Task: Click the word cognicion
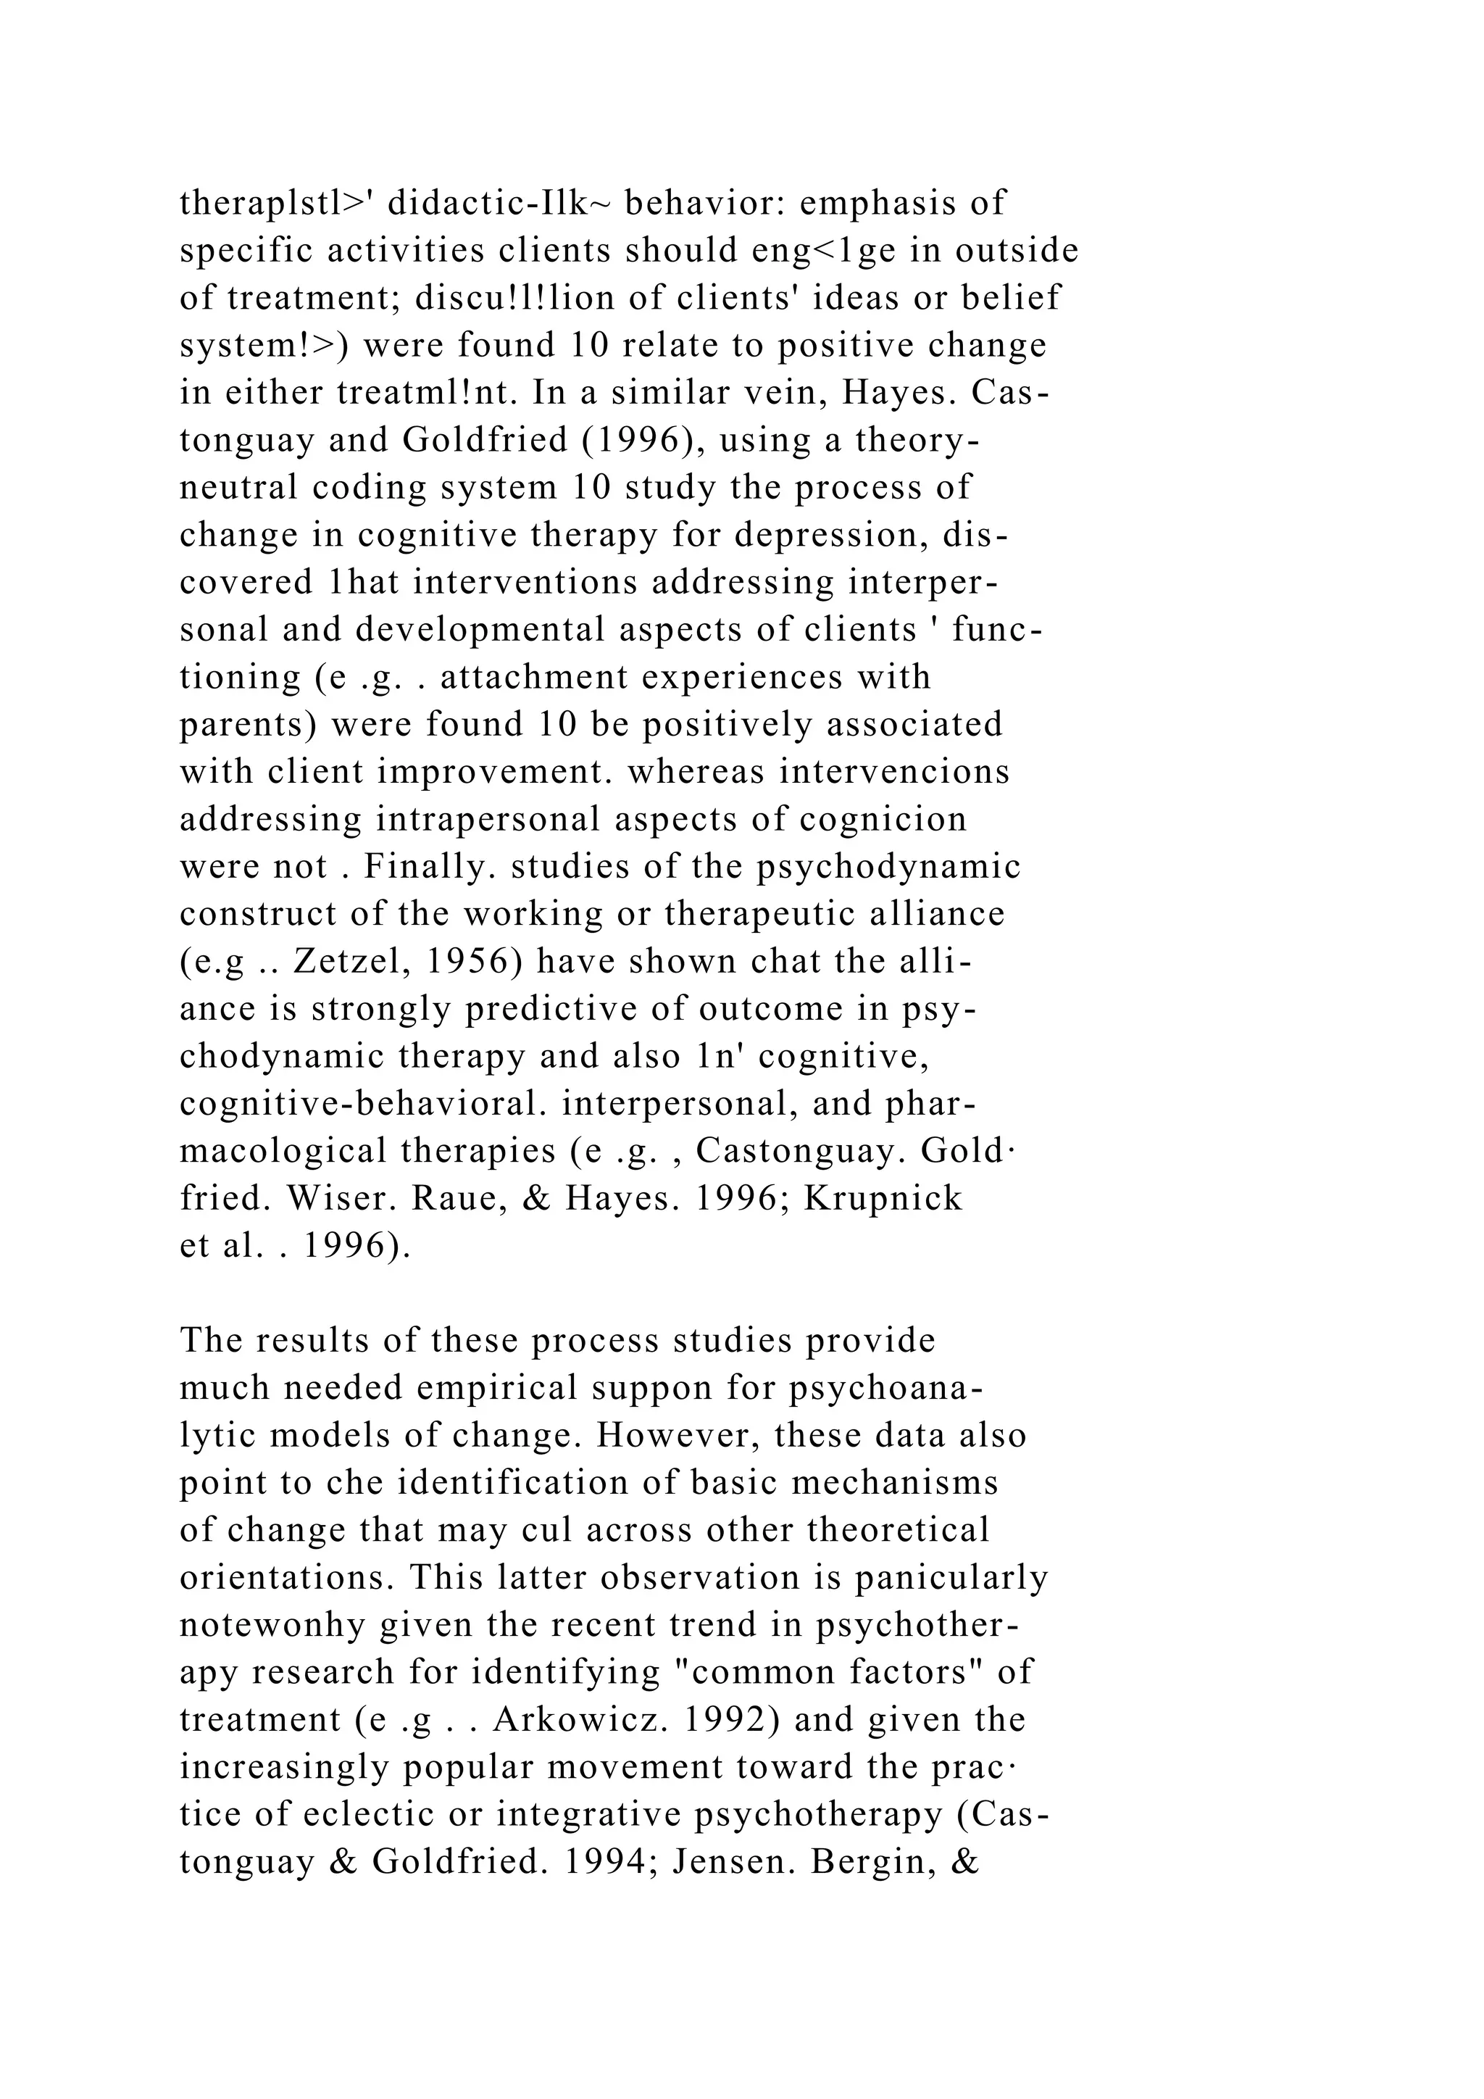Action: [883, 819]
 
